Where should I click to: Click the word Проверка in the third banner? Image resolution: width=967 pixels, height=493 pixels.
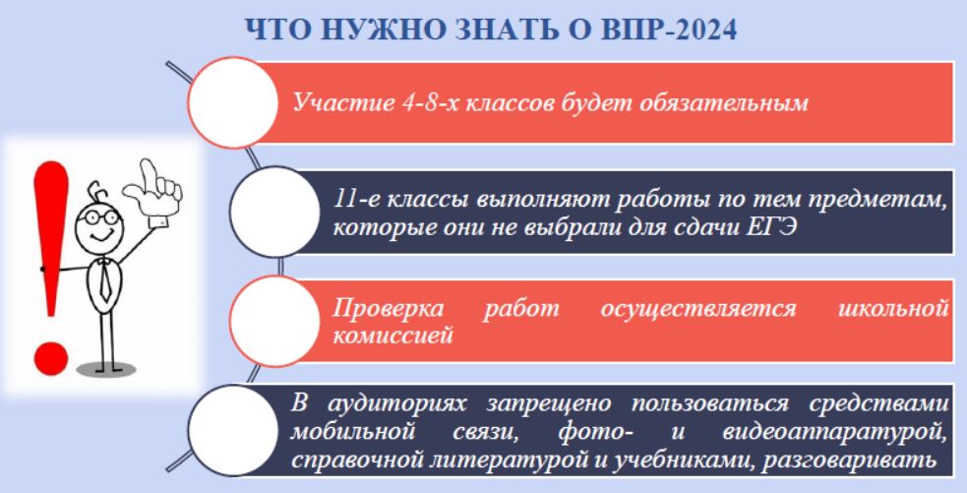388,308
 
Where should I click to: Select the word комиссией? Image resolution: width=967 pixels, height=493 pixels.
393,336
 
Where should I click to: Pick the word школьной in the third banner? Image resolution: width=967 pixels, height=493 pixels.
893,308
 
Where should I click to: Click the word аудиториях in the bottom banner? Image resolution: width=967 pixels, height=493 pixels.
396,403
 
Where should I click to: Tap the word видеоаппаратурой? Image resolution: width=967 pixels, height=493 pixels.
834,432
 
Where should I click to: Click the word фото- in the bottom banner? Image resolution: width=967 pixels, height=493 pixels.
596,432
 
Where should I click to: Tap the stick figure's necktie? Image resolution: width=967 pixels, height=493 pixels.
105,280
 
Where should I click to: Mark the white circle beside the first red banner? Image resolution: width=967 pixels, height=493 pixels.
233,102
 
